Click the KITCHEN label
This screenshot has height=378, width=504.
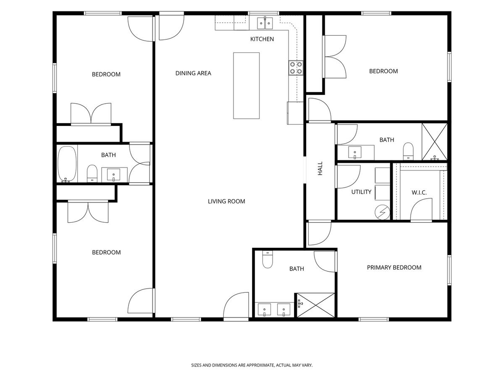coord(262,39)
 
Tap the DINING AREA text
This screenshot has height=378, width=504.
coord(193,73)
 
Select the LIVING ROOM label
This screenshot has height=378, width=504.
coord(226,201)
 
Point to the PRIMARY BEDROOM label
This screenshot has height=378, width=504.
coord(394,268)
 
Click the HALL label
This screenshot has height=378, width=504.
coord(320,168)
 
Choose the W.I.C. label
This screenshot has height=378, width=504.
coord(419,192)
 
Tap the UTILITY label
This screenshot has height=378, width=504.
coord(361,192)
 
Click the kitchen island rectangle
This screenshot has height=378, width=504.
coord(247,86)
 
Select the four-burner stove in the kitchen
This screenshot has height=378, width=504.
coord(296,68)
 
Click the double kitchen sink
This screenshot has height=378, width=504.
coord(265,23)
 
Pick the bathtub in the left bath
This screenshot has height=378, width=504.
coord(67,164)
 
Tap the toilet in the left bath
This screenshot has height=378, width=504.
coord(92,173)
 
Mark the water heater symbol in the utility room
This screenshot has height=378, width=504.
coord(382,212)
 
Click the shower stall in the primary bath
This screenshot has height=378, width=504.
coord(316,305)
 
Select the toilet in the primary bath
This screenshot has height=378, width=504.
coord(268,259)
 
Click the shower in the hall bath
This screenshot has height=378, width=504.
coord(434,142)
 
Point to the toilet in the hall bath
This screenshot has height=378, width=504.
coord(408,151)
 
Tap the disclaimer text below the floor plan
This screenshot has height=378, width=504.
coord(252,365)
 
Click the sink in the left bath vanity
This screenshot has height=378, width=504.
coord(113,175)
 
